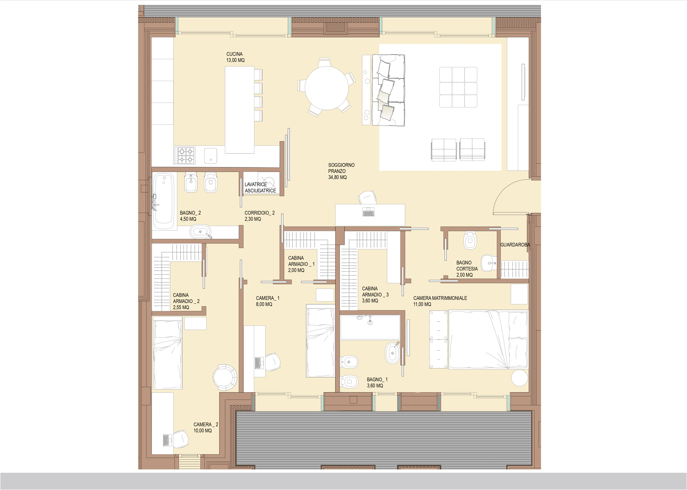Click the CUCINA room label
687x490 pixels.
(x=234, y=54)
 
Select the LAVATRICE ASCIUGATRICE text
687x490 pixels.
(x=260, y=187)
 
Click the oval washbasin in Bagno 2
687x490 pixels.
(x=200, y=232)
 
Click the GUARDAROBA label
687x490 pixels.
(x=515, y=245)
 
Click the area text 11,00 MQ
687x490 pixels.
(x=422, y=304)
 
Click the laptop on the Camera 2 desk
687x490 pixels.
(x=166, y=440)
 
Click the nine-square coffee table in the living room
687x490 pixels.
(x=458, y=87)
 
